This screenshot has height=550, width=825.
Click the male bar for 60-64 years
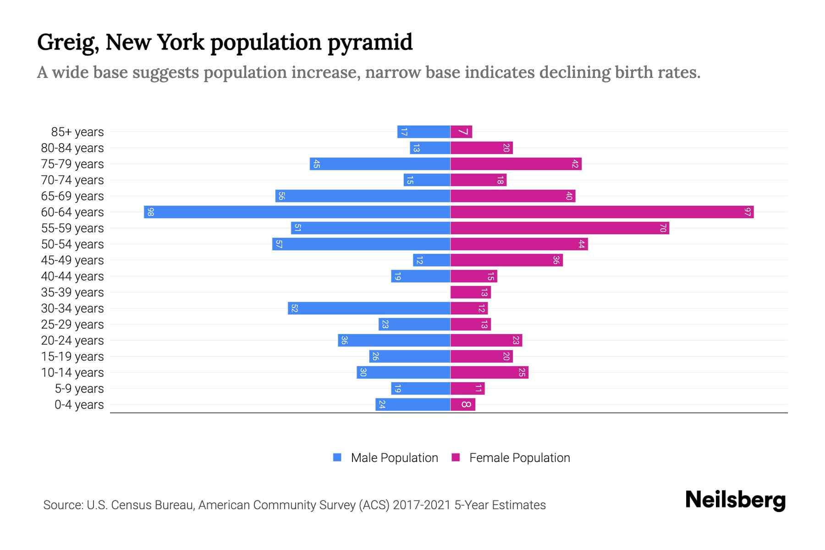click(x=297, y=212)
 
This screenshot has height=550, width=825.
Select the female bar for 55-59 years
click(x=559, y=228)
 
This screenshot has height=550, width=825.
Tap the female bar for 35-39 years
click(x=470, y=292)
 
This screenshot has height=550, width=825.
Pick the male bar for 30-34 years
click(x=369, y=308)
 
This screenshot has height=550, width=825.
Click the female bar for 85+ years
click(x=461, y=132)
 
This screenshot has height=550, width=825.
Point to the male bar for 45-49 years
click(x=432, y=260)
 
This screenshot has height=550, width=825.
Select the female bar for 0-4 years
click(x=463, y=404)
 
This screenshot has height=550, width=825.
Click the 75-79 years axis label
click(x=72, y=164)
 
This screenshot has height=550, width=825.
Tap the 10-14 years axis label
click(x=72, y=373)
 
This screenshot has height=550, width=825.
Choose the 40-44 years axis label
click(x=72, y=276)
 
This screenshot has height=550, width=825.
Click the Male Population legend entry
click(x=394, y=457)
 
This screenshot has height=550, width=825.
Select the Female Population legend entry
click(x=519, y=457)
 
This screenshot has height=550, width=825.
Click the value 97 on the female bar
click(x=748, y=212)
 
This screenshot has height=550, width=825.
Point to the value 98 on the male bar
click(x=150, y=212)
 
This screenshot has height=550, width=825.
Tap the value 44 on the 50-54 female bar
click(x=581, y=244)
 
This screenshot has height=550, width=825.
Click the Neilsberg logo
click(x=735, y=500)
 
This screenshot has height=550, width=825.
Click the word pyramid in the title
click(x=370, y=42)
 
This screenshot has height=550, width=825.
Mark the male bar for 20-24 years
click(x=394, y=340)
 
